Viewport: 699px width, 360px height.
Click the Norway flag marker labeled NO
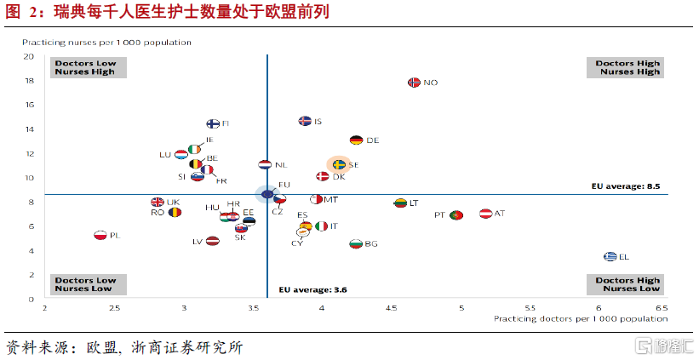click(x=415, y=83)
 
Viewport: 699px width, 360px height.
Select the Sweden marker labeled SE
click(x=338, y=164)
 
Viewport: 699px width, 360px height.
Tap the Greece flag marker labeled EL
click(x=610, y=256)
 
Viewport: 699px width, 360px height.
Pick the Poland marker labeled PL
click(x=100, y=235)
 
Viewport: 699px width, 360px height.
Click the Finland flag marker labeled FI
click(x=213, y=124)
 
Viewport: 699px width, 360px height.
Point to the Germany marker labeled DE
click(x=356, y=140)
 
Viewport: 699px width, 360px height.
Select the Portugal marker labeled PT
click(x=455, y=215)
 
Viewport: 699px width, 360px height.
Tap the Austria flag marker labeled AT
click(x=486, y=213)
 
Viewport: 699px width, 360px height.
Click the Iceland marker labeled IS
click(x=305, y=121)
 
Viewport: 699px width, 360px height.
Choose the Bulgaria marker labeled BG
click(x=356, y=244)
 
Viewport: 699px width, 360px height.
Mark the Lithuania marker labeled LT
click(x=399, y=203)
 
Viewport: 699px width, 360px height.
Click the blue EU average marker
click(x=266, y=194)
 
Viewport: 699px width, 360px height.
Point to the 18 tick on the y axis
click(x=29, y=81)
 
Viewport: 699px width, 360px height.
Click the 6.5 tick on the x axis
click(x=661, y=307)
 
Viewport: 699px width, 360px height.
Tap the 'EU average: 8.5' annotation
click(x=626, y=186)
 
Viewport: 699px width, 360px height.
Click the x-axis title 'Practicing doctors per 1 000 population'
click(x=580, y=318)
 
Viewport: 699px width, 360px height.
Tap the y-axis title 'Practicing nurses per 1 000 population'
click(x=106, y=42)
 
